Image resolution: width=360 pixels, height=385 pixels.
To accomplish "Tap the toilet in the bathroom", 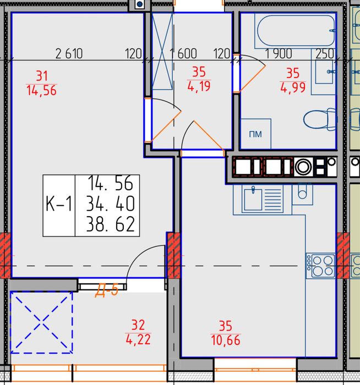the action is point(320,120).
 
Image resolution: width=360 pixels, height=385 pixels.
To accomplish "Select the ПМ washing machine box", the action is point(255,134).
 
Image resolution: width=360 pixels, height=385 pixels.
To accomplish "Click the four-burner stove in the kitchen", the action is point(320,266).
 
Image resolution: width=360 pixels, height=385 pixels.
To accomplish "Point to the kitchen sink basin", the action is point(253,199).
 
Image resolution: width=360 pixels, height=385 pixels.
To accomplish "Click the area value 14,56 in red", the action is point(41,90).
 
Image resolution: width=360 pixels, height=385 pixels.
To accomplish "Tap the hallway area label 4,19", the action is point(199,86).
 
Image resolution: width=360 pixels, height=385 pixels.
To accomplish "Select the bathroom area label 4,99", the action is point(293,87).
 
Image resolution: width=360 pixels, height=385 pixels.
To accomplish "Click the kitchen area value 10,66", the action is point(225,340).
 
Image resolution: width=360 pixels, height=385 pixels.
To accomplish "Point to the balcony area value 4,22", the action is point(138,339).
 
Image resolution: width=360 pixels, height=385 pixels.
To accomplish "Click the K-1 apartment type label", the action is point(59,204).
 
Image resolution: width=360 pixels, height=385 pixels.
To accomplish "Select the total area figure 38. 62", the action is point(110,224).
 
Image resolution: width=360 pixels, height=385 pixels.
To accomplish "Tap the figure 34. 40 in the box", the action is point(110,204).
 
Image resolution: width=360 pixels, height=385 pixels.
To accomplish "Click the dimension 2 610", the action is point(69,53).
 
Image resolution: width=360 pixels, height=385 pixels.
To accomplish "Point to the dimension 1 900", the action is point(279,53).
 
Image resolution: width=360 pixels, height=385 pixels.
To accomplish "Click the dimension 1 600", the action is point(183,53).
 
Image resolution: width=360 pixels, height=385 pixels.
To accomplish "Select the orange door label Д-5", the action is point(107,290).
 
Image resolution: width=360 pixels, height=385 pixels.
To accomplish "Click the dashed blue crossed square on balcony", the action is point(41,322).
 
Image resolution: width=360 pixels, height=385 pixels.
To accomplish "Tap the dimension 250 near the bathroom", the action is point(325,53).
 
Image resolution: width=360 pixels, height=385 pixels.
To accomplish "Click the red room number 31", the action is point(42,76).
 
